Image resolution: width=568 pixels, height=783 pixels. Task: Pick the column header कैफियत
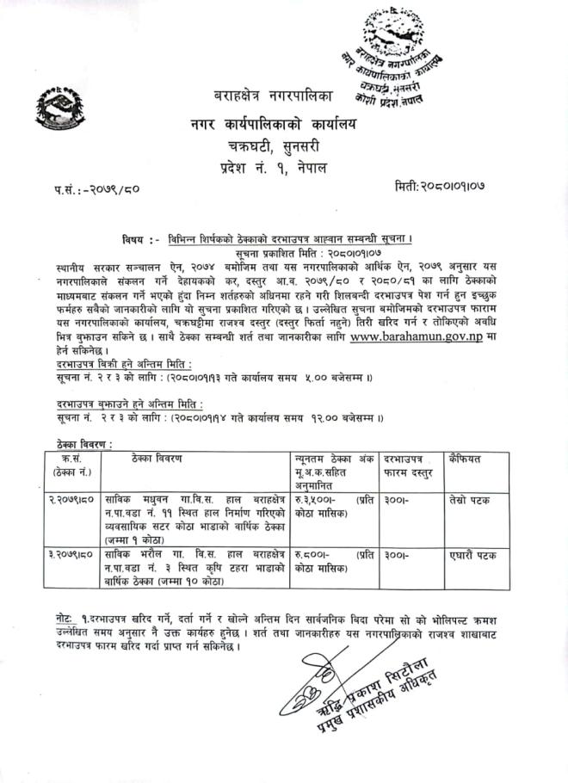[465, 459]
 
